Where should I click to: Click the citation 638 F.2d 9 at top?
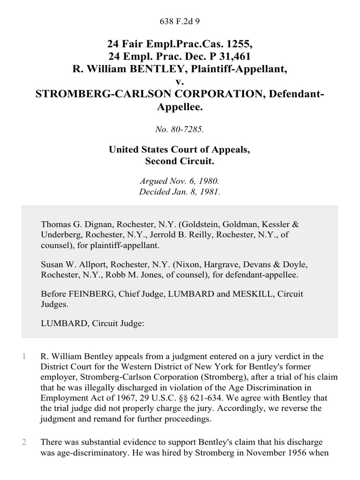(x=180, y=21)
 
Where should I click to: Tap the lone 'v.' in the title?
(x=180, y=82)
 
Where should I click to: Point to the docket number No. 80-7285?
(x=180, y=129)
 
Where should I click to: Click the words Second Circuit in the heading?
(x=180, y=162)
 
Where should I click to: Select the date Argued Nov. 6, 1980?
(x=180, y=180)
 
